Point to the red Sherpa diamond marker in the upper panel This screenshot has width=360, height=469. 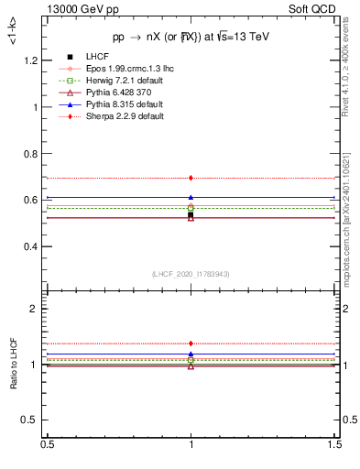pyautogui.click(x=191, y=178)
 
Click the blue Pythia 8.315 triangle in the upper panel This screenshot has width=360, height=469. pyautogui.click(x=191, y=197)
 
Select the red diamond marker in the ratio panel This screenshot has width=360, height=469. pyautogui.click(x=191, y=344)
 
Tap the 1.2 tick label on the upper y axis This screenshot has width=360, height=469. pyautogui.click(x=32, y=60)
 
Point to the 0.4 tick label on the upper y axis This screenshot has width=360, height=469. pyautogui.click(x=32, y=247)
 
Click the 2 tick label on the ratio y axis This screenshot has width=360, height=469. pyautogui.click(x=37, y=309)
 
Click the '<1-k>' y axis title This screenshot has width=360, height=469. pyautogui.click(x=13, y=37)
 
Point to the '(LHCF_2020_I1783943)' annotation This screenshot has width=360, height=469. pyautogui.click(x=191, y=274)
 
